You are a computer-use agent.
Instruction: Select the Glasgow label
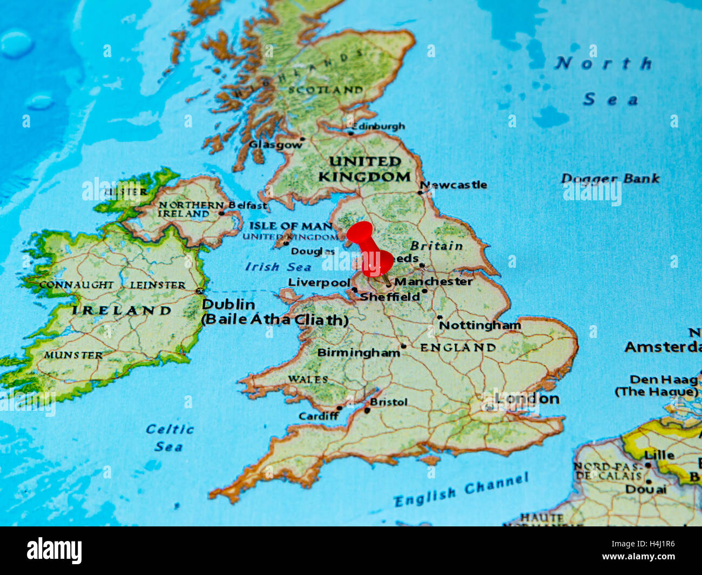pyautogui.click(x=275, y=145)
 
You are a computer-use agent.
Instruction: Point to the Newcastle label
pyautogui.click(x=455, y=185)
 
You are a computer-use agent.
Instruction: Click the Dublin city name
pyautogui.click(x=228, y=305)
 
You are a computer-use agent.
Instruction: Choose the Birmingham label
pyautogui.click(x=358, y=353)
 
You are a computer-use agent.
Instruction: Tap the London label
pyautogui.click(x=527, y=399)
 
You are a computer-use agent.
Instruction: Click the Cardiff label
pyautogui.click(x=319, y=416)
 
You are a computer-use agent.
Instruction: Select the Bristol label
pyautogui.click(x=389, y=402)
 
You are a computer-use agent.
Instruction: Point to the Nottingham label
pyautogui.click(x=480, y=325)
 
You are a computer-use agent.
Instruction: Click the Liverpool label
pyautogui.click(x=319, y=282)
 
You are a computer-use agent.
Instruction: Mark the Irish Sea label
pyautogui.click(x=278, y=267)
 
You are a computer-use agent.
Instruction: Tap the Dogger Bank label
pyautogui.click(x=610, y=178)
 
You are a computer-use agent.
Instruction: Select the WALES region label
pyautogui.click(x=308, y=379)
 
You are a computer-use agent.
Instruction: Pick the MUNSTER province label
pyautogui.click(x=73, y=355)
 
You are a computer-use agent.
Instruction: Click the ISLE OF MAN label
pyautogui.click(x=291, y=226)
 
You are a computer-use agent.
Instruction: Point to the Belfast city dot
pyautogui.click(x=221, y=213)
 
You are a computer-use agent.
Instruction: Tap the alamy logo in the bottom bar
pyautogui.click(x=55, y=551)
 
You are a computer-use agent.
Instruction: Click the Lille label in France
pyautogui.click(x=659, y=455)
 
